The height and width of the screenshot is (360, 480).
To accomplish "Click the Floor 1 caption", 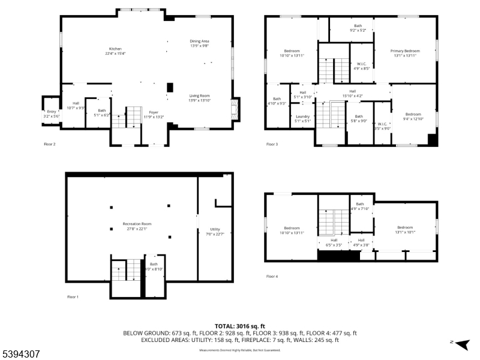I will pos(73,296).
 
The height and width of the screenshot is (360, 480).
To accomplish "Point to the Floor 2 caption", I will pos(49,144).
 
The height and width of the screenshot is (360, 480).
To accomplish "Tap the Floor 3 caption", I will pos(272,144).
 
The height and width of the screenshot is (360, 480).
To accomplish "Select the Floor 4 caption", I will pos(272,276).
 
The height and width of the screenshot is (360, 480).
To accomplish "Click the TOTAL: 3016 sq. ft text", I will pos(239,325).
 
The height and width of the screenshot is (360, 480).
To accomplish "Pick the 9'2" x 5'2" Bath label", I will pos(358,28).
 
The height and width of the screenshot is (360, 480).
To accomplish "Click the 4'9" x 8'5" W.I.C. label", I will pos(362,66).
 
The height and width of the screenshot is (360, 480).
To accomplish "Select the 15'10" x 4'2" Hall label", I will pos(352,94).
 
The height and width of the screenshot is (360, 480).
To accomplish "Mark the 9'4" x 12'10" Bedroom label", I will pos(413,116).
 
